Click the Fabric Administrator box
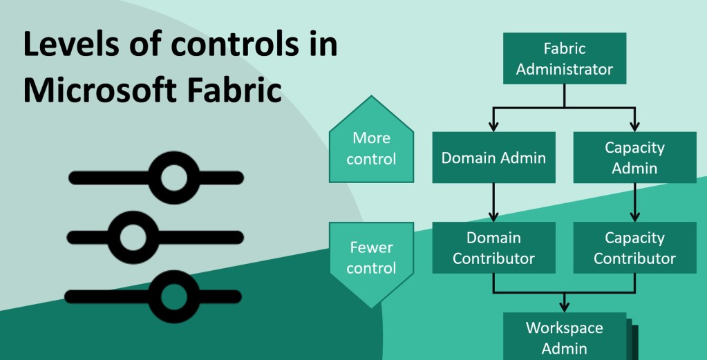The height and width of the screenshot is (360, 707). tap(564, 59)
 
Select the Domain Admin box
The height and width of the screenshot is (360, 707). tap(493, 158)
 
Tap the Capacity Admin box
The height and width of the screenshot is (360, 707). tap(634, 158)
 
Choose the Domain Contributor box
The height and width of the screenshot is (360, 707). tap(493, 247)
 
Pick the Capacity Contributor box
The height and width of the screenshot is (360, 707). tap(634, 247)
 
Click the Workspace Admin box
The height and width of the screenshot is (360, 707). tap(564, 337)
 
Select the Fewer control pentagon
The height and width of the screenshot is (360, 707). tap(371, 260)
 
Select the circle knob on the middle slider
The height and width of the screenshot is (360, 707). tap(129, 237)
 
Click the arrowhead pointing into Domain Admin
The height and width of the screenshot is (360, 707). tap(493, 126)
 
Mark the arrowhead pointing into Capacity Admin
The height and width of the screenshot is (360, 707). tap(634, 126)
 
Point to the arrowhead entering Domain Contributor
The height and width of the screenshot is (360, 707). tap(493, 216)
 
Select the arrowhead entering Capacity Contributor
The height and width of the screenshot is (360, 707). tap(634, 216)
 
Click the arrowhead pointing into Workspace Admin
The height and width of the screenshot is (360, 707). tap(564, 305)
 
